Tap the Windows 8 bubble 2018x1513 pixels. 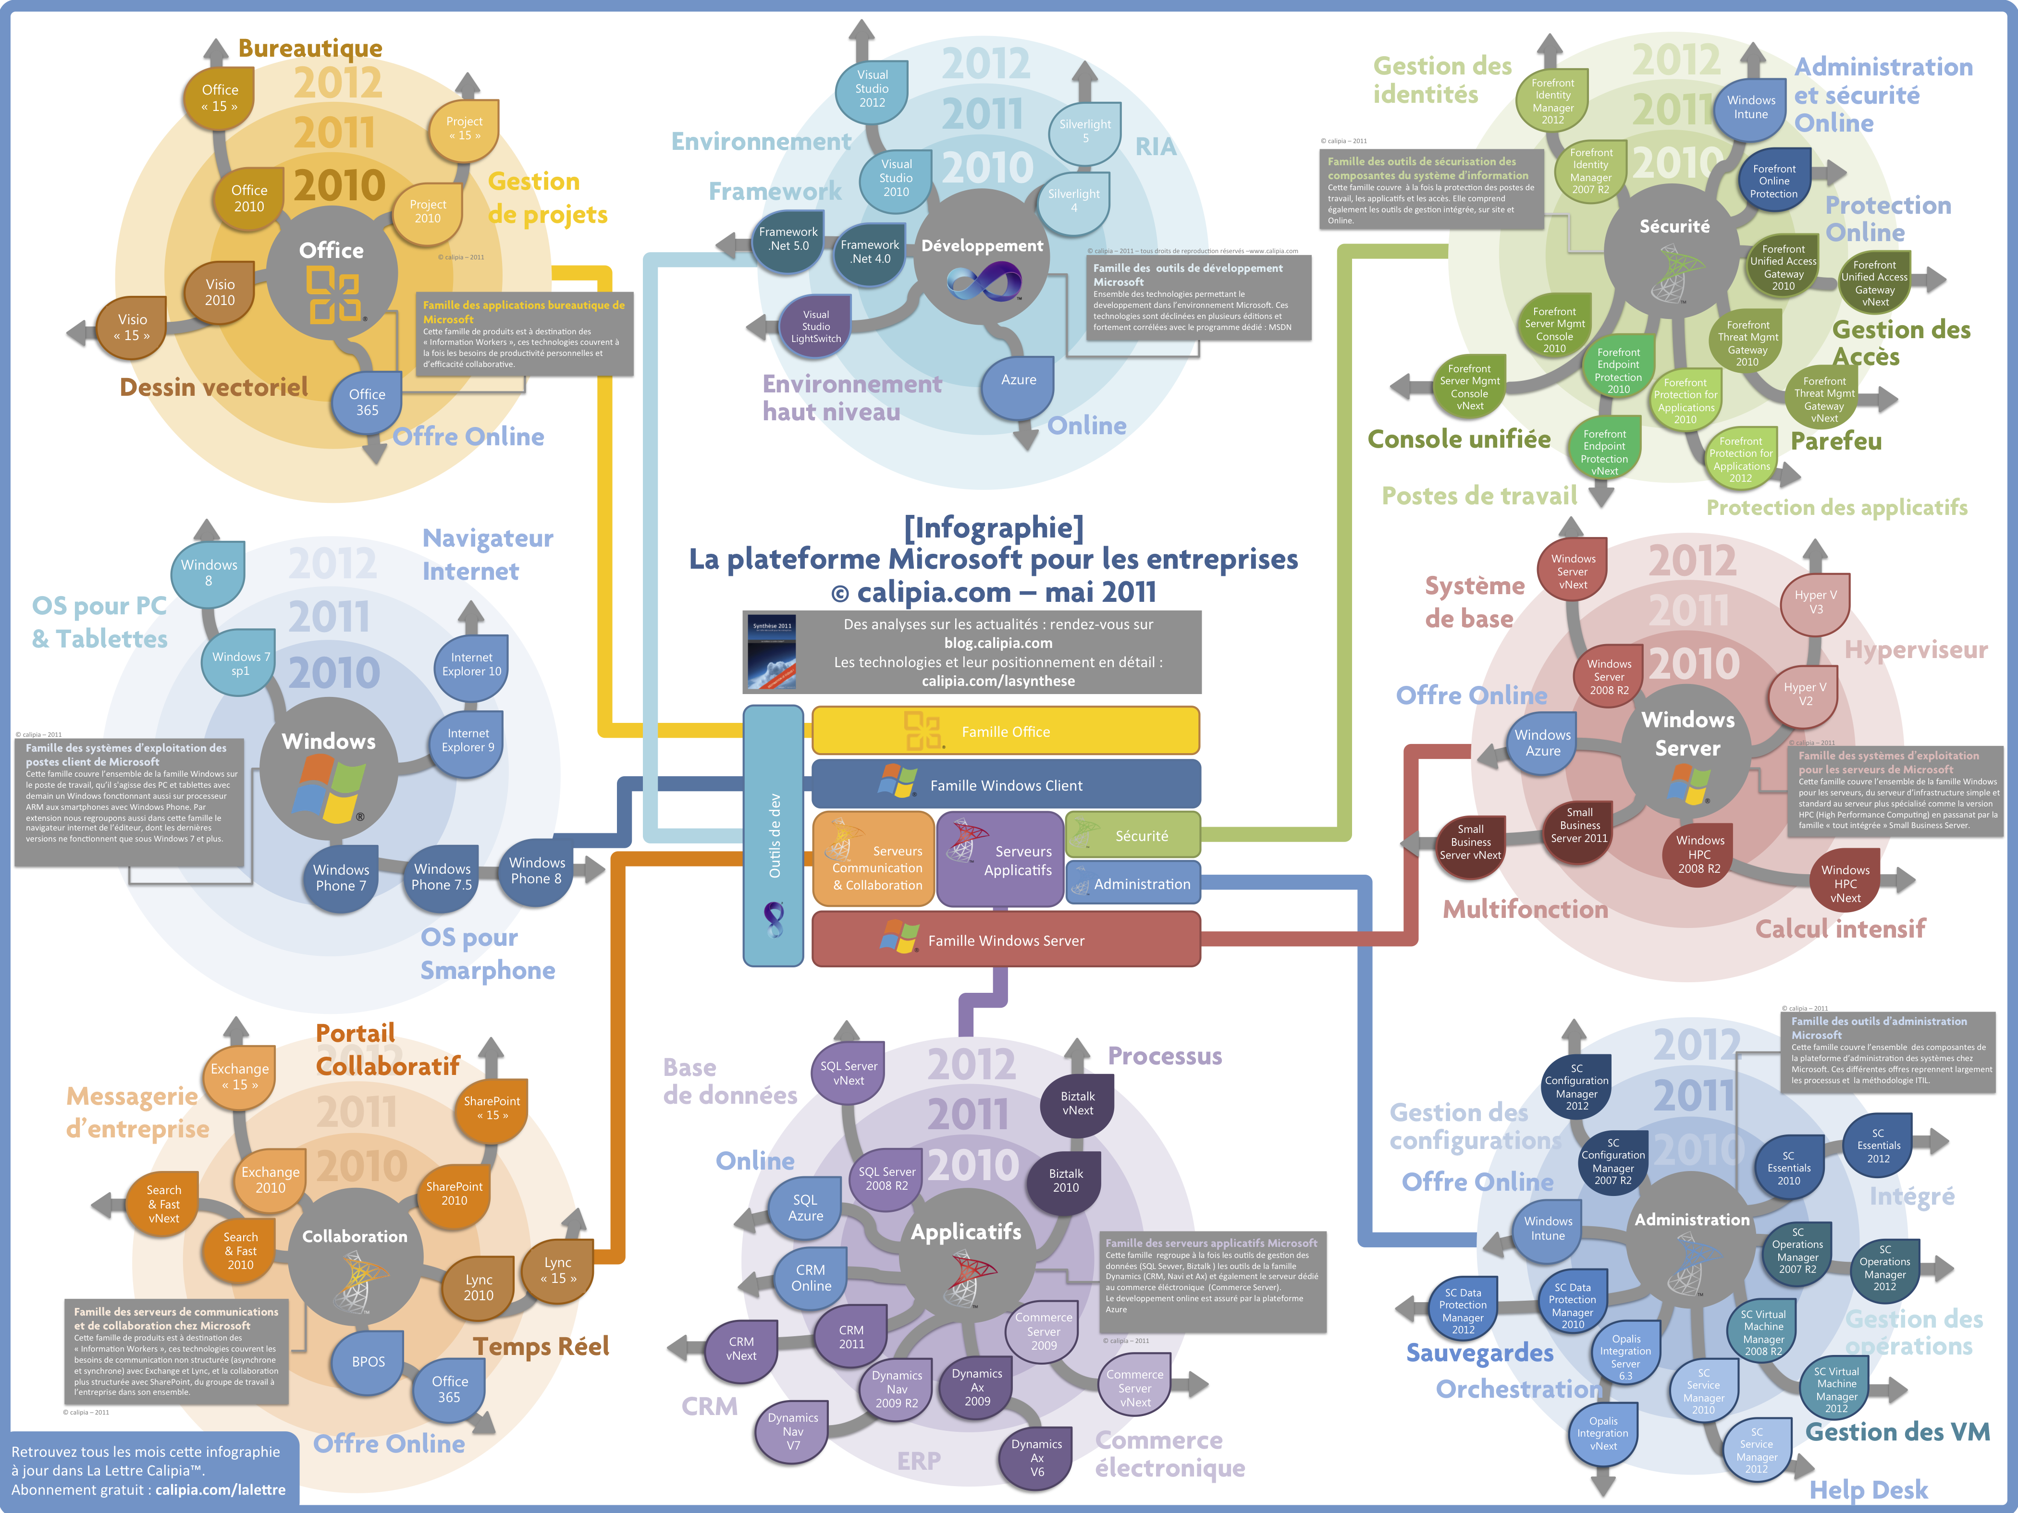click(x=209, y=573)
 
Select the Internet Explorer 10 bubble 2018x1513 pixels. click(x=472, y=665)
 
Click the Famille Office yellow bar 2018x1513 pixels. click(x=1005, y=732)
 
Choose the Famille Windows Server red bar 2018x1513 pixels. click(x=1005, y=940)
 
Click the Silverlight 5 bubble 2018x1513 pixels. click(x=1085, y=131)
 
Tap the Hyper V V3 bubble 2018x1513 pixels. click(x=1815, y=602)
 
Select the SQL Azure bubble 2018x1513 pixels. click(x=806, y=1208)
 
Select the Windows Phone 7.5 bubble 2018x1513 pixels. click(x=442, y=877)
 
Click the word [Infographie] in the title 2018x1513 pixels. click(x=994, y=527)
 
